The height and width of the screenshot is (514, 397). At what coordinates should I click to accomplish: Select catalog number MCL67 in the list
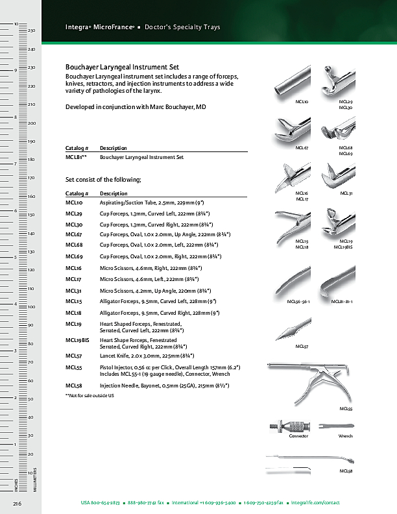(73, 234)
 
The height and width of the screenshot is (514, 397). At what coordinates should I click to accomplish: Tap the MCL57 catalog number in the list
(73, 356)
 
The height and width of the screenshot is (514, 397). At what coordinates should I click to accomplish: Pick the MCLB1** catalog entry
(77, 157)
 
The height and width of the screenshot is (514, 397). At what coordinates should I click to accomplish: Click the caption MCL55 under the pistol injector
(346, 409)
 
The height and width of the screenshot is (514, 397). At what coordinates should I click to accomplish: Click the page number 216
(18, 503)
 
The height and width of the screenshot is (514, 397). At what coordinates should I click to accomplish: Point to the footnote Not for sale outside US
(90, 395)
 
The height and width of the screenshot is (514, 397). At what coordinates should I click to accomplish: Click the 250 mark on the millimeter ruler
(31, 31)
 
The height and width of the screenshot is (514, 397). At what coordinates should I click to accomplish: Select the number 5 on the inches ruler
(15, 257)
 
